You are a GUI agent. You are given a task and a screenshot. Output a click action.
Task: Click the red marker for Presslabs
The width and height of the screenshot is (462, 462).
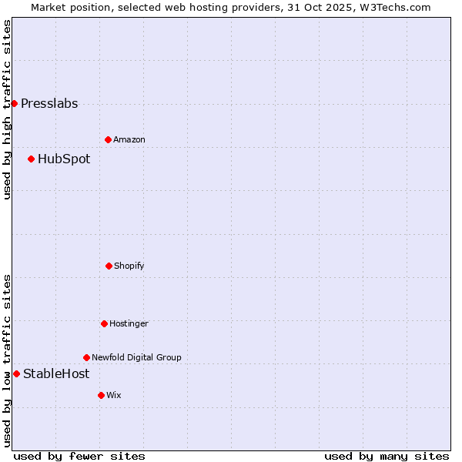(14, 103)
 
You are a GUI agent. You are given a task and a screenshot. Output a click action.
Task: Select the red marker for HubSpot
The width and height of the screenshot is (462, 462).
(31, 159)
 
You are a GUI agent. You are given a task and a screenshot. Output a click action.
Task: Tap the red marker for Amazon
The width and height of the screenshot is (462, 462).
(108, 139)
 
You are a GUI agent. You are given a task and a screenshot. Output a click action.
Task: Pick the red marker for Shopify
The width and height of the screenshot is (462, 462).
(109, 266)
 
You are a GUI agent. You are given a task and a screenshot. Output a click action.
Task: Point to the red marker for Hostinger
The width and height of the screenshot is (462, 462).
(104, 323)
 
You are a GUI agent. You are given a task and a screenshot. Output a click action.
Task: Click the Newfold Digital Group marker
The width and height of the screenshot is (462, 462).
(86, 357)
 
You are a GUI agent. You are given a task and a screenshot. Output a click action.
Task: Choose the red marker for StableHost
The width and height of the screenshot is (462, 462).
(16, 373)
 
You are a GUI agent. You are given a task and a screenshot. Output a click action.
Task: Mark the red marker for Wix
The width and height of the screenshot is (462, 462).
(101, 395)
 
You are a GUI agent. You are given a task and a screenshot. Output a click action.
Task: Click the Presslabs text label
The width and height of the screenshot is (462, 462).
(49, 104)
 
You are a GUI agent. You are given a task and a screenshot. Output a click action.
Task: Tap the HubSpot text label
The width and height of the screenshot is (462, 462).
(64, 159)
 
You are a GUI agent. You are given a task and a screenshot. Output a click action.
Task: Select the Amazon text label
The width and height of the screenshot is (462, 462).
(129, 140)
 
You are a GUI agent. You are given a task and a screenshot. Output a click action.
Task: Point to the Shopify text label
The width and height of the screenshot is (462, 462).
(129, 266)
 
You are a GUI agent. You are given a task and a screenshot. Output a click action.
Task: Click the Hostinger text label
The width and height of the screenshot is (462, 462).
(129, 324)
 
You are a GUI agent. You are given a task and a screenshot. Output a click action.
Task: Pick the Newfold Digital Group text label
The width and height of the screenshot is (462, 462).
(136, 358)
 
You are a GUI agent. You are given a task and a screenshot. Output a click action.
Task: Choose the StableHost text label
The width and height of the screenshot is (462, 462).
(56, 374)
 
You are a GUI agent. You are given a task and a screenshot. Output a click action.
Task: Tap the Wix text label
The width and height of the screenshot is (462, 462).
(114, 396)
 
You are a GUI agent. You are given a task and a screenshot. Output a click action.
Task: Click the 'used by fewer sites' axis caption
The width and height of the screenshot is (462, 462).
(79, 457)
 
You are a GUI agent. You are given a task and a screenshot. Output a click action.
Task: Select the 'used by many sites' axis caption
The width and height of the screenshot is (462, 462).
(387, 457)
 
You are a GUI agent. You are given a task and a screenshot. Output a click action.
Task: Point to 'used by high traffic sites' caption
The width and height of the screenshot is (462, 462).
(7, 109)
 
